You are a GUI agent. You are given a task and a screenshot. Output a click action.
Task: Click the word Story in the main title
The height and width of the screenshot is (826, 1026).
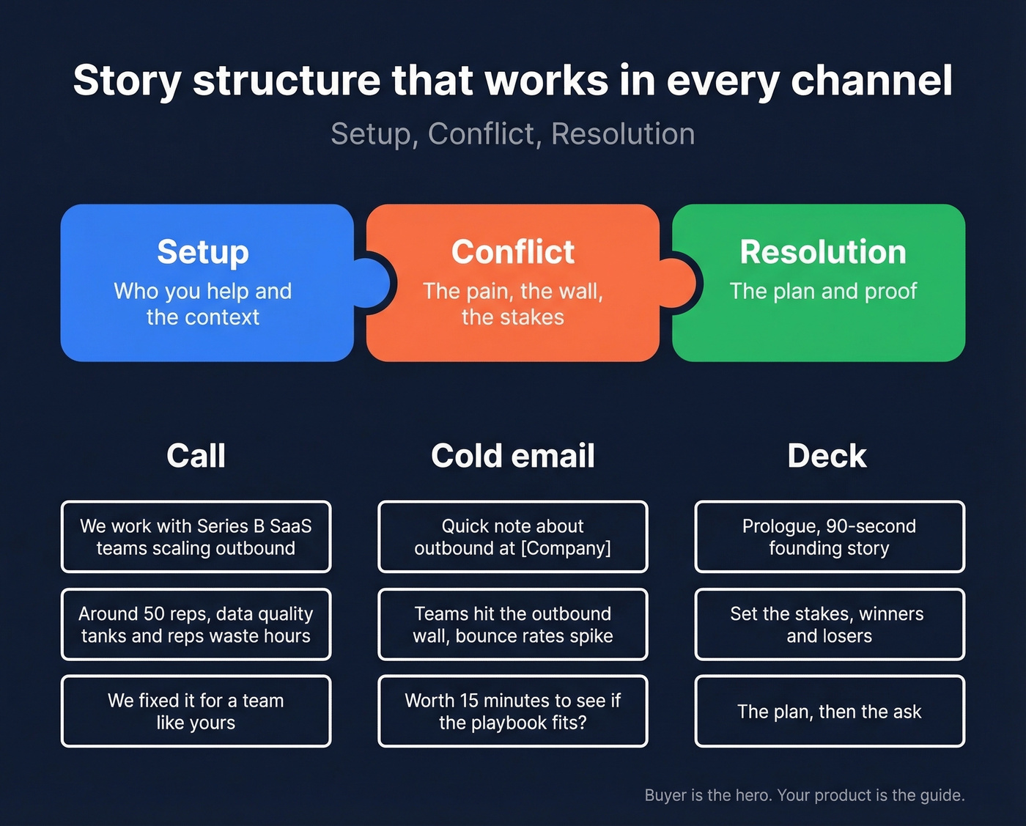coord(126,81)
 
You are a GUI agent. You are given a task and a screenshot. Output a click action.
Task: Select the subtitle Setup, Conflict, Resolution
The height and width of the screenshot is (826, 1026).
coord(512,134)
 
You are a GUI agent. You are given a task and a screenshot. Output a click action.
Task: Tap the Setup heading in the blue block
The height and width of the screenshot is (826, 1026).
coord(203,252)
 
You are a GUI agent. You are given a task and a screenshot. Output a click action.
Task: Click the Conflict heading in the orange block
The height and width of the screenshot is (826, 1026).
coord(512,252)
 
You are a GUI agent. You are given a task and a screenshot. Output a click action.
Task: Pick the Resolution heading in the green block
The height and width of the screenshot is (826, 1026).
coord(823,252)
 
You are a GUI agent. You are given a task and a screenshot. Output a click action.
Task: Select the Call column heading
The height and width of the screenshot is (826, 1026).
coord(196,456)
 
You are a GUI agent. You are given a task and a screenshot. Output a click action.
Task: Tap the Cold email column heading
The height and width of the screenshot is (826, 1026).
coord(512,456)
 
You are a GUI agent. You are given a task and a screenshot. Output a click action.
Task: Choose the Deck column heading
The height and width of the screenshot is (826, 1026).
coord(827,456)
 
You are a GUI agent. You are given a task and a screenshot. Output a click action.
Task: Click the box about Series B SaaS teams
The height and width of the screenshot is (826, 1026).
coord(196,537)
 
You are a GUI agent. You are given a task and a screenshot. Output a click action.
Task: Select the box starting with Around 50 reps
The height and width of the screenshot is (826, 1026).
coord(196,624)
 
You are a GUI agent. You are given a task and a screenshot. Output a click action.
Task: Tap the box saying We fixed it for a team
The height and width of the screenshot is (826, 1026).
coord(196,711)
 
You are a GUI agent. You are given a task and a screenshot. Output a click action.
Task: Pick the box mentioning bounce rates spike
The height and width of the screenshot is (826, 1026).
coord(512,624)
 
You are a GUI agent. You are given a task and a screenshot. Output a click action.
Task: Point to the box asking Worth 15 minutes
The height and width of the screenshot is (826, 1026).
coord(512,711)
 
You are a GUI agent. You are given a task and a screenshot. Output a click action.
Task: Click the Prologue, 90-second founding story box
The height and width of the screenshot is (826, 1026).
coord(829,537)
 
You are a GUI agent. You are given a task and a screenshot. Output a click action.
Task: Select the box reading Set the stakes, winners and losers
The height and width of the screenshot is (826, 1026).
coord(829,624)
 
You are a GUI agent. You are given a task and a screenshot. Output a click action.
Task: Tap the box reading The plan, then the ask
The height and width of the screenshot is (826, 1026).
coord(829,711)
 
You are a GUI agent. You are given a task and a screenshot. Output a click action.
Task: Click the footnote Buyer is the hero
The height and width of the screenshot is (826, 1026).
coord(804,795)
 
